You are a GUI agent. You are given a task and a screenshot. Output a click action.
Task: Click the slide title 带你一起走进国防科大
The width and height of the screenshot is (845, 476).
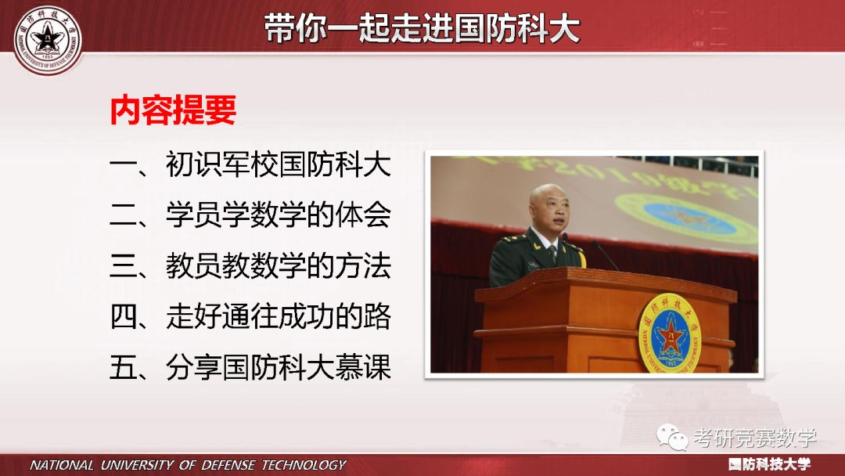[422, 29]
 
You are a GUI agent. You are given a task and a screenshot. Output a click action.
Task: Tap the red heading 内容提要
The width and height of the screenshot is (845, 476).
[173, 111]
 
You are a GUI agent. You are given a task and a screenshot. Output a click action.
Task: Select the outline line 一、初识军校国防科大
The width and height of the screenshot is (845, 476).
[250, 166]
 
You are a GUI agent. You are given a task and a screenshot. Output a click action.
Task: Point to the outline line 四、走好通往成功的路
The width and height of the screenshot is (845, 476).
[250, 317]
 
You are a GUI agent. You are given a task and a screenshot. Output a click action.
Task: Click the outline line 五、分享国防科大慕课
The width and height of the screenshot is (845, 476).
[250, 367]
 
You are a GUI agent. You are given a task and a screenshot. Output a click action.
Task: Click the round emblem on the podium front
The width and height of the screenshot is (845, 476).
[667, 333]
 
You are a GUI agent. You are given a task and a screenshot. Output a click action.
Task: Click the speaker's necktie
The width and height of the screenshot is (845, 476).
[552, 255]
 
